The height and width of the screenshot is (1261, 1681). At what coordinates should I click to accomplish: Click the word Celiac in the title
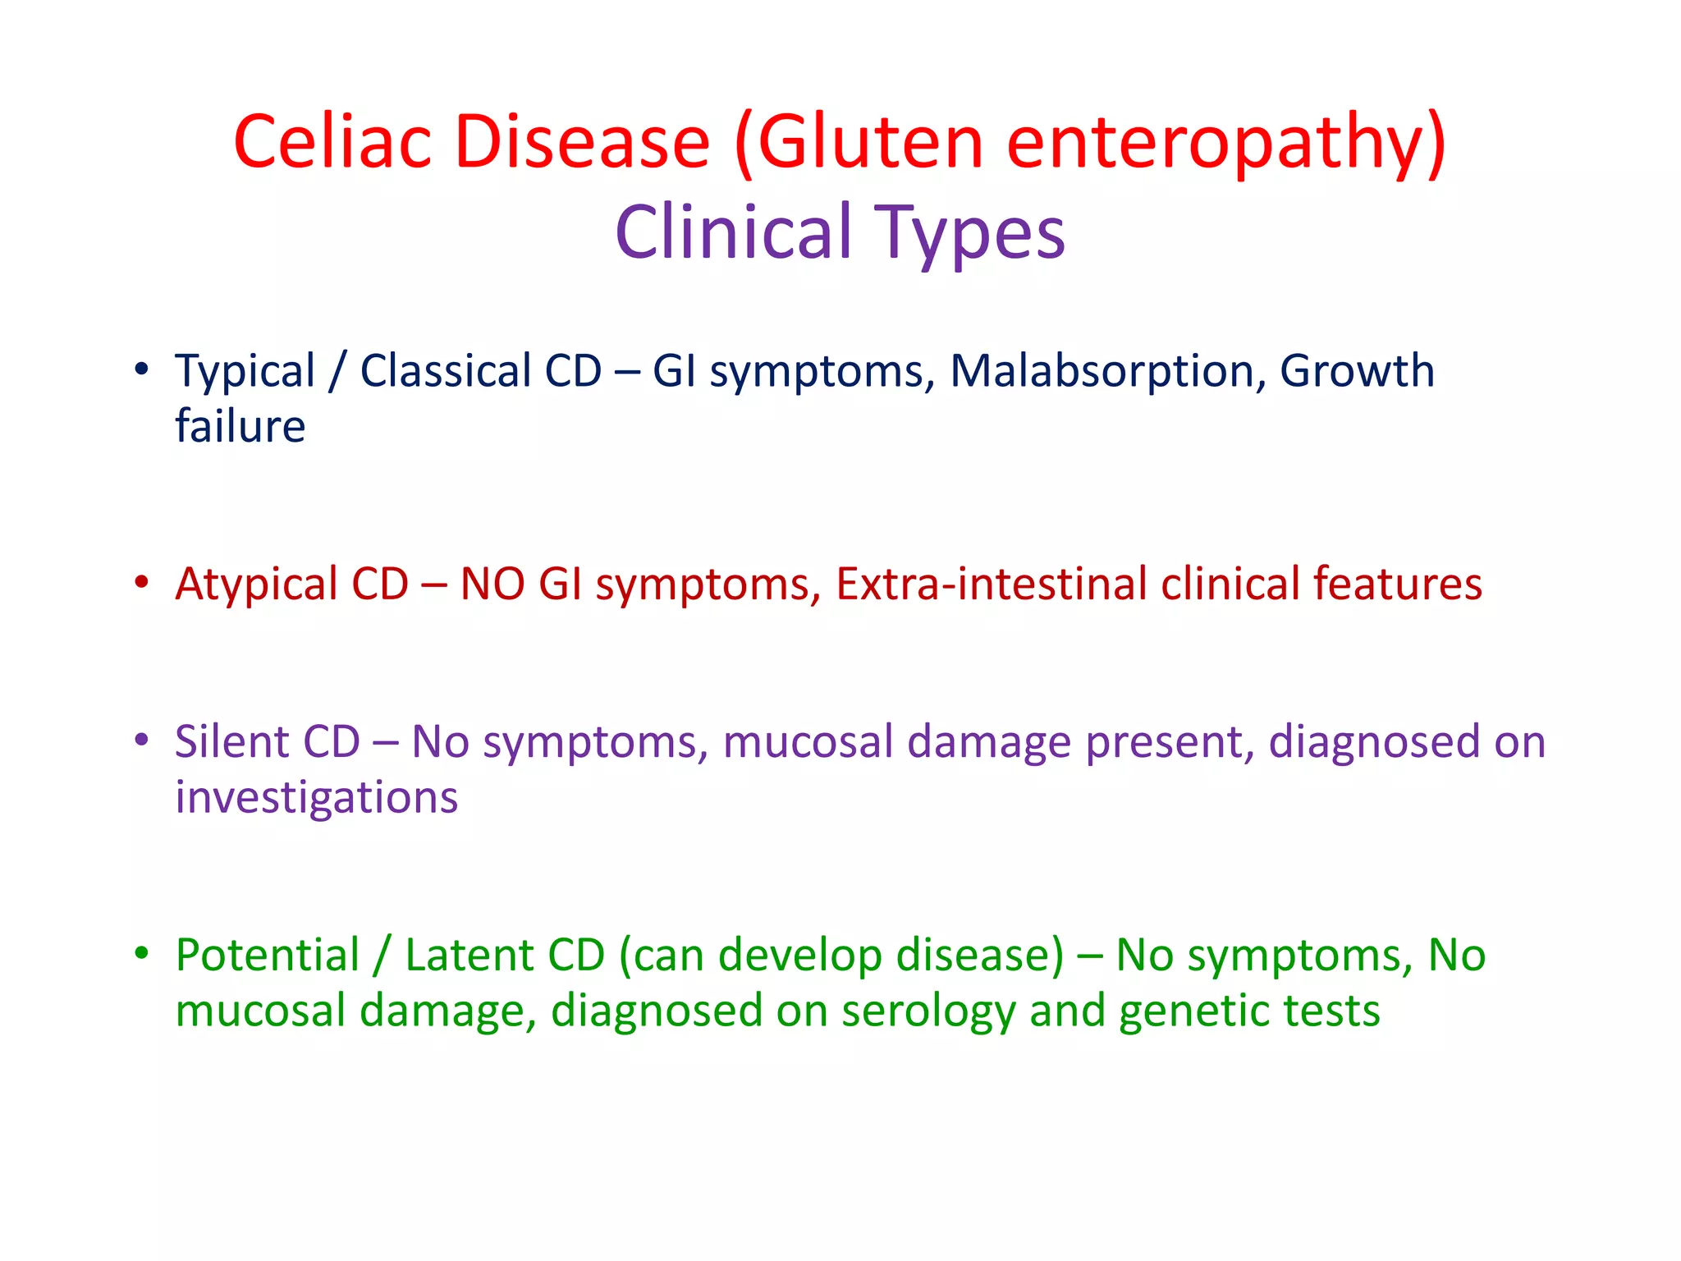coord(332,141)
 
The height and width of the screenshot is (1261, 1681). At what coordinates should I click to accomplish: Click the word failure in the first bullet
coord(240,426)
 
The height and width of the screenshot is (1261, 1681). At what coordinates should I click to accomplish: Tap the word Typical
coord(245,373)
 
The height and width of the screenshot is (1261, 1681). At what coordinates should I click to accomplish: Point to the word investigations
coord(316,798)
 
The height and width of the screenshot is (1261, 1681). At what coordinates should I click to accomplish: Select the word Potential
coord(267,956)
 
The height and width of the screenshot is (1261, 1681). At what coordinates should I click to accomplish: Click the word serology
coord(928,1011)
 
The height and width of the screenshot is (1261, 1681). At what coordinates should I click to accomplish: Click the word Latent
coord(469,955)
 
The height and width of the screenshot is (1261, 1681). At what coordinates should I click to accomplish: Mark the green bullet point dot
coord(142,953)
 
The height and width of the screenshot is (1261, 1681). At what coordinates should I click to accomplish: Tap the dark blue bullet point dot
coord(142,369)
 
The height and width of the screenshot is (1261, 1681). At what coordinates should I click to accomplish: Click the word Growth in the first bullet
coord(1357,371)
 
